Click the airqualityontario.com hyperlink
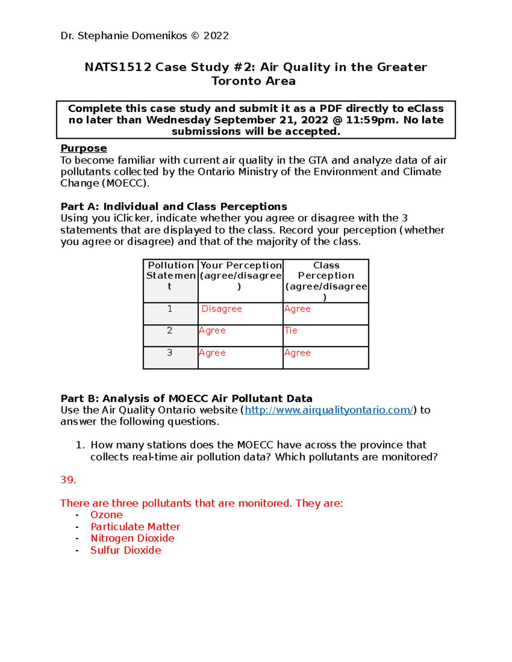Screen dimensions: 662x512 pyautogui.click(x=329, y=410)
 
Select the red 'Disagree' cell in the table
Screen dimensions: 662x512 pyautogui.click(x=221, y=309)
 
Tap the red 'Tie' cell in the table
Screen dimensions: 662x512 pyautogui.click(x=291, y=330)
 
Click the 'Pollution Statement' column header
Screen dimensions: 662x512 pyautogui.click(x=171, y=275)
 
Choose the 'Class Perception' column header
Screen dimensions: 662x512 pyautogui.click(x=326, y=275)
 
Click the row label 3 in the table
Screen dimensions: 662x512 pyautogui.click(x=170, y=353)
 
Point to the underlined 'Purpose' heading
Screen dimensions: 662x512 pyautogui.click(x=84, y=148)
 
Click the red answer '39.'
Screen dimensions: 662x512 pyautogui.click(x=68, y=480)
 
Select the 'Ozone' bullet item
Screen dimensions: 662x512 pyautogui.click(x=106, y=515)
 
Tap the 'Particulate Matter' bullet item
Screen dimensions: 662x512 pyautogui.click(x=135, y=527)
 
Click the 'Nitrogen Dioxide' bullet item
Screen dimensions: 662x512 pyautogui.click(x=132, y=538)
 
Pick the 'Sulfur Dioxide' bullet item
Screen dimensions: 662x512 pyautogui.click(x=126, y=550)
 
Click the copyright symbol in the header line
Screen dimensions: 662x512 pyautogui.click(x=195, y=36)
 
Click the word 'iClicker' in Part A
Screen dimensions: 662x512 pyautogui.click(x=132, y=218)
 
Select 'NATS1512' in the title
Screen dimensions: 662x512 pyautogui.click(x=118, y=67)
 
